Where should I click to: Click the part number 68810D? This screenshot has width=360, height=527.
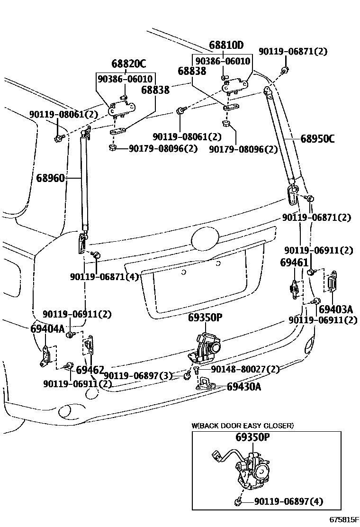coord(226,45)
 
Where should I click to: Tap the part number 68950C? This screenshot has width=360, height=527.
coord(317,139)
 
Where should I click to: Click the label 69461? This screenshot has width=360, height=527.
coord(294,262)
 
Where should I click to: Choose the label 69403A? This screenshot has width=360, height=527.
coord(336,309)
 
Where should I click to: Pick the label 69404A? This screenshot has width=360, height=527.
coord(47,328)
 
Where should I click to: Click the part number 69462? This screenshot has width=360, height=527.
coord(90,370)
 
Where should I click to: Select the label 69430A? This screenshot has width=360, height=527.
coord(244,386)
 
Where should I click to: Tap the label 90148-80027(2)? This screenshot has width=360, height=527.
coord(245,369)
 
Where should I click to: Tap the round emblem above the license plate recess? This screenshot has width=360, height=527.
coord(204,237)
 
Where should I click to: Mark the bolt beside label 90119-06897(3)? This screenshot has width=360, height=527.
coord(188,375)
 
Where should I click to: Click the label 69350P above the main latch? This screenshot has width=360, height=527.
coord(205,318)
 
